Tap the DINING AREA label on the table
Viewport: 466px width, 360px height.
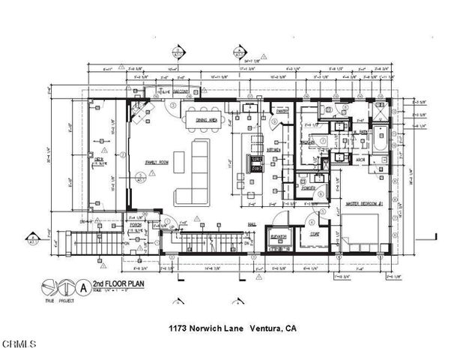tap(206, 120)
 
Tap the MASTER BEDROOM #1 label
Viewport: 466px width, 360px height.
tap(364, 202)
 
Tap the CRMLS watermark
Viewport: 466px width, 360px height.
tap(19, 345)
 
